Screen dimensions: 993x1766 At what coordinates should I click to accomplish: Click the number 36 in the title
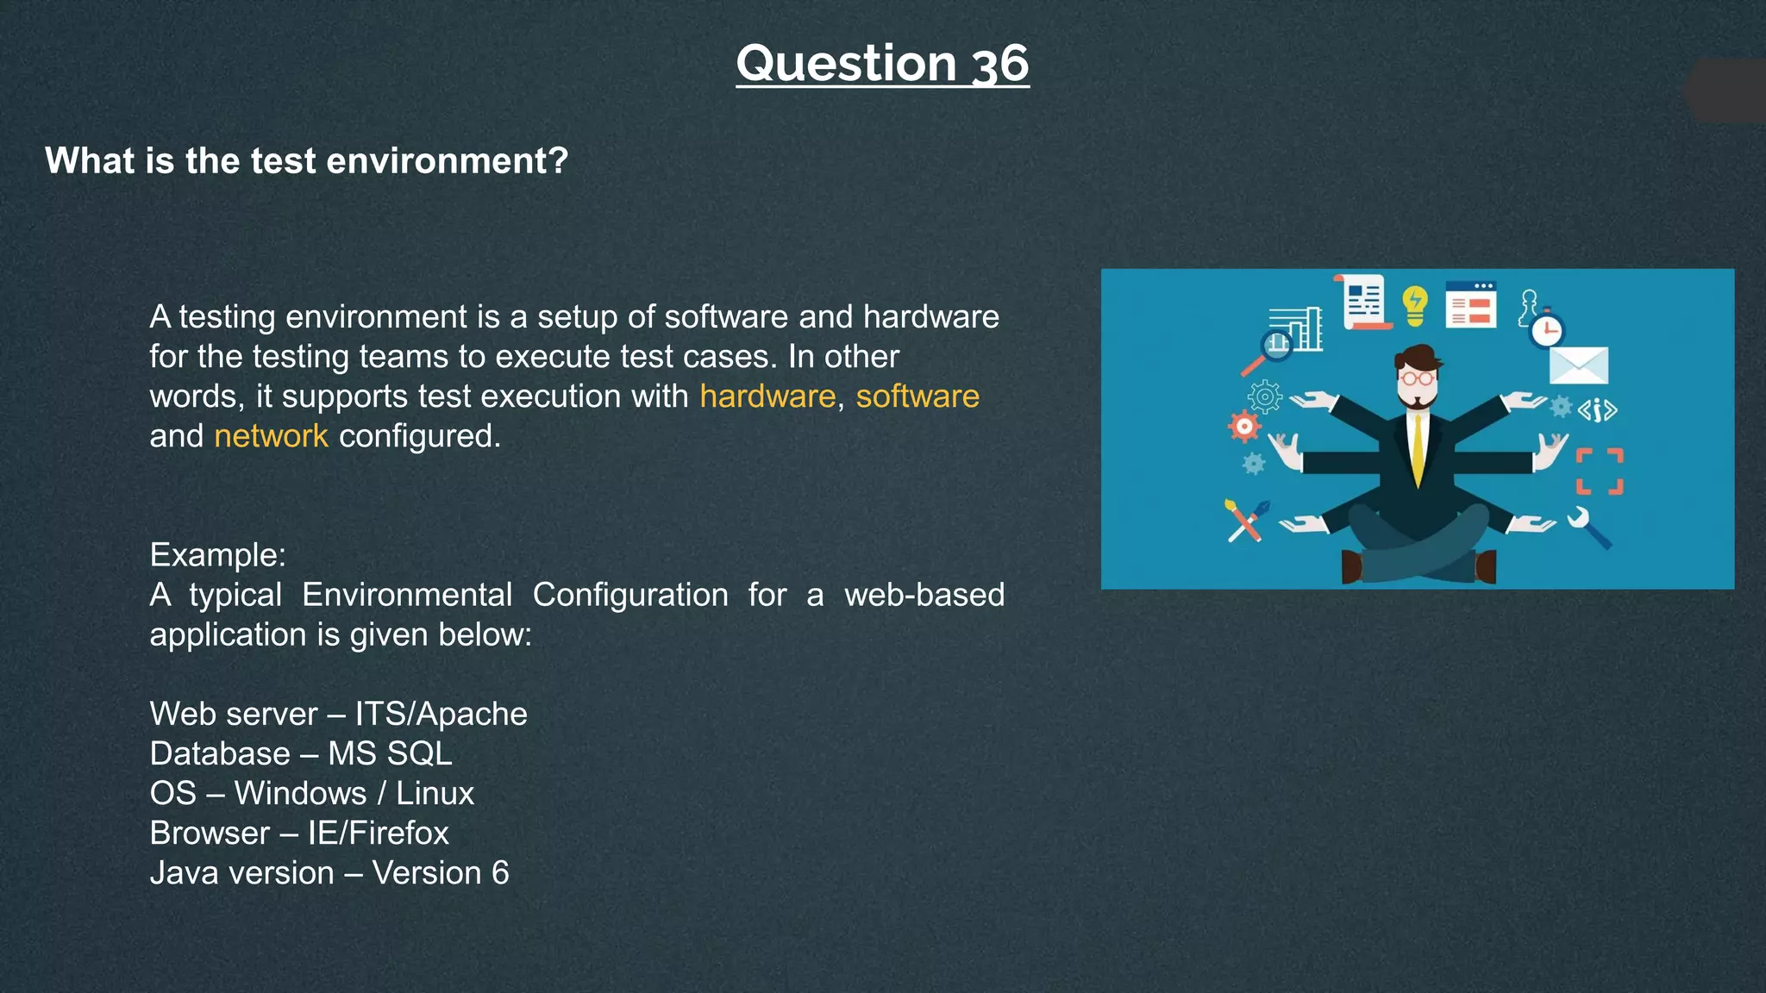[x=999, y=64]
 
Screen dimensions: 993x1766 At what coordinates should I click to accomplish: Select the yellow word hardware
[x=767, y=397]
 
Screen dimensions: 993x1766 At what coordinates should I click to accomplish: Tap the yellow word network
[x=271, y=436]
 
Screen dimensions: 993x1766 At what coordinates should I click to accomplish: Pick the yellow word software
[x=917, y=397]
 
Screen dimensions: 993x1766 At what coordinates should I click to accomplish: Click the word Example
[x=216, y=555]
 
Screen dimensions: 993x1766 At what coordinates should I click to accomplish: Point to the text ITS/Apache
[x=441, y=714]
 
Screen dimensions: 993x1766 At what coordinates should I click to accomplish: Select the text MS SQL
[x=390, y=753]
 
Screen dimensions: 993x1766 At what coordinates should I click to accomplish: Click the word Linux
[x=435, y=793]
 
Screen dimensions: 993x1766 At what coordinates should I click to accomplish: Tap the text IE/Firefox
[x=378, y=833]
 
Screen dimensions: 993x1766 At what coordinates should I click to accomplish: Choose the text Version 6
[x=440, y=873]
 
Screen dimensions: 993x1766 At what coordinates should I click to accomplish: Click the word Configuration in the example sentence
[x=629, y=595]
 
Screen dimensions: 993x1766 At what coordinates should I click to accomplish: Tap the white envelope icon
[x=1578, y=365]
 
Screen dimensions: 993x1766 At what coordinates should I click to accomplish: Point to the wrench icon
[x=1588, y=528]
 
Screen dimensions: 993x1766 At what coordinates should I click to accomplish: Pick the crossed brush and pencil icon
[x=1246, y=520]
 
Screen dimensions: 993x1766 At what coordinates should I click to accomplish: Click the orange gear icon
[x=1243, y=426]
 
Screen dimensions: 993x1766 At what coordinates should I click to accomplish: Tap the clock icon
[x=1547, y=330]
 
